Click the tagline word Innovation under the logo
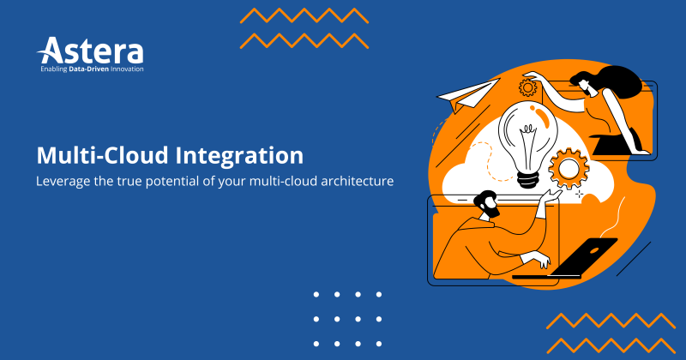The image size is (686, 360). point(124,68)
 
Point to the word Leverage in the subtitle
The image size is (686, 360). point(63,183)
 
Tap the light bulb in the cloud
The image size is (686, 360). point(527,137)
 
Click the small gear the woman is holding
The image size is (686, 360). point(527,87)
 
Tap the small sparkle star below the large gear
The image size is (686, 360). point(580,194)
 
